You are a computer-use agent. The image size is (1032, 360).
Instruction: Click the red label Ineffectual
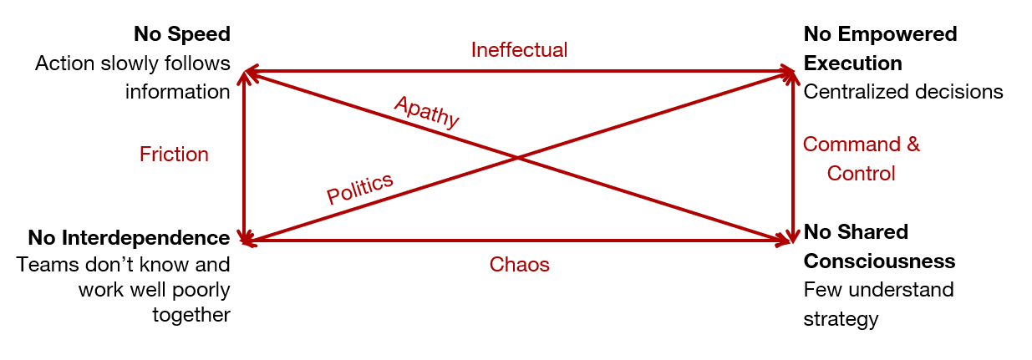519,50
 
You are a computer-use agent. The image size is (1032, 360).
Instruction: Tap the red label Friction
174,155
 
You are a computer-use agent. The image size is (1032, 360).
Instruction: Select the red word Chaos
519,265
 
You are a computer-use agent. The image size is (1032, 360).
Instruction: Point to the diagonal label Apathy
427,111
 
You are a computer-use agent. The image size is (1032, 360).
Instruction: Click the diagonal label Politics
359,189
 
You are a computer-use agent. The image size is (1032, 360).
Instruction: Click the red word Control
861,174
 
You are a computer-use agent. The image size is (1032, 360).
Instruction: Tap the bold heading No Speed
181,34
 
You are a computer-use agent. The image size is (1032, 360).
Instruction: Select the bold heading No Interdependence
129,238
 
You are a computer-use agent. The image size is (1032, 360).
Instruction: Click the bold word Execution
852,63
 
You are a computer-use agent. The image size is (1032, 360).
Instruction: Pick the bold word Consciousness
879,261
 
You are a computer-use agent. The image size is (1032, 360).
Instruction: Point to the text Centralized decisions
902,92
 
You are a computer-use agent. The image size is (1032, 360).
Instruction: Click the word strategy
841,319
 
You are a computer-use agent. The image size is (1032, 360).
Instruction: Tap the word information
177,92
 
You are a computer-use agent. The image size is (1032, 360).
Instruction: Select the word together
191,315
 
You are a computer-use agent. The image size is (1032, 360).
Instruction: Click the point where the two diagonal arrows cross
518,157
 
